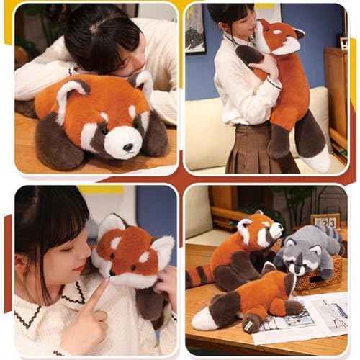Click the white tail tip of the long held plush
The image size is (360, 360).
click(x=318, y=161)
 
